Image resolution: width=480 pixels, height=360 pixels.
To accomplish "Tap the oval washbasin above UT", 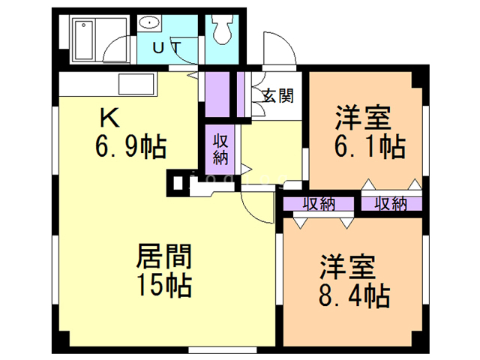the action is click(x=149, y=22).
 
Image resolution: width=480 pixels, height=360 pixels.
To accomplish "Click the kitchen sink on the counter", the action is click(x=136, y=84).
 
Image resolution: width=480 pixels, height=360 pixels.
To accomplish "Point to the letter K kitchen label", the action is click(x=109, y=118).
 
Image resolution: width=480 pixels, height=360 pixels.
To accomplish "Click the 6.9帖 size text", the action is click(x=130, y=146).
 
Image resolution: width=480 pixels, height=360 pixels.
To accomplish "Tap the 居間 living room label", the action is click(x=163, y=256).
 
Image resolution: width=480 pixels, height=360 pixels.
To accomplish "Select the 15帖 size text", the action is click(x=164, y=285).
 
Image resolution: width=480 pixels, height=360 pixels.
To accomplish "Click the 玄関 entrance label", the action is click(x=278, y=95).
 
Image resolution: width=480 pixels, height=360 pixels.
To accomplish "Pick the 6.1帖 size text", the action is click(x=370, y=146).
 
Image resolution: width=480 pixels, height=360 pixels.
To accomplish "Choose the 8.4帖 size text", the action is click(x=354, y=295).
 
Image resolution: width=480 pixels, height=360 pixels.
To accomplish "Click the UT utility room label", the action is click(x=167, y=48).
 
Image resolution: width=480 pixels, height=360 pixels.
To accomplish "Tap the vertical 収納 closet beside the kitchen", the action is click(x=220, y=149).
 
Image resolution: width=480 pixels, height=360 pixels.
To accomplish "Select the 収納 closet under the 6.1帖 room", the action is click(x=391, y=204).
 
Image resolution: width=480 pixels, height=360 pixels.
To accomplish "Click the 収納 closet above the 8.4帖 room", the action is click(x=319, y=204).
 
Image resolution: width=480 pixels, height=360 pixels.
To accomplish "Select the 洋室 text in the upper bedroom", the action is click(x=363, y=118).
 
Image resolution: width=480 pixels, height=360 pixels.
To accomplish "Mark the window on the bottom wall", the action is click(x=222, y=350).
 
